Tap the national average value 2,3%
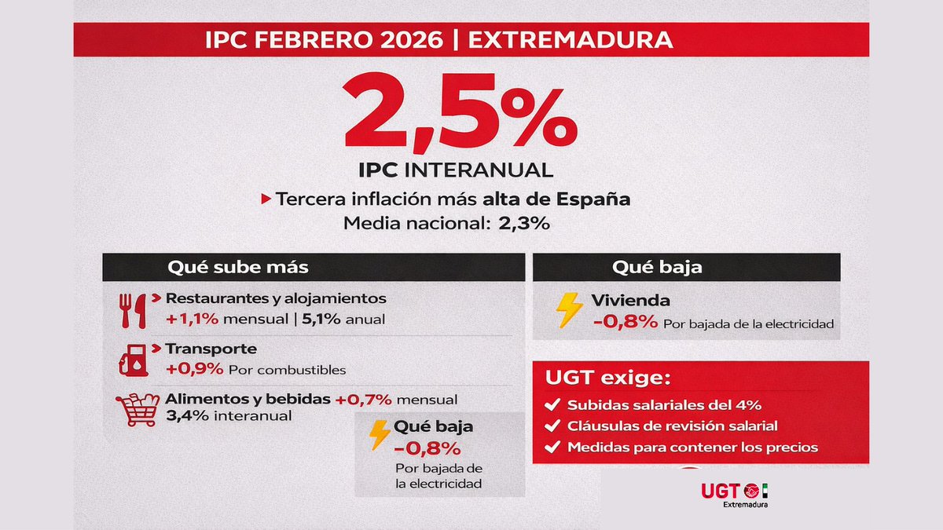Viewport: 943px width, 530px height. [x=523, y=223]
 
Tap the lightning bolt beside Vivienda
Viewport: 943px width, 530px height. [x=568, y=310]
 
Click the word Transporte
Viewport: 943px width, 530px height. [x=211, y=349]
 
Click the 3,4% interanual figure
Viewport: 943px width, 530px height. [x=189, y=415]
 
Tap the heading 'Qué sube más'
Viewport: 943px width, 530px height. [x=237, y=267]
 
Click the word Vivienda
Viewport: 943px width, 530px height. [x=631, y=301]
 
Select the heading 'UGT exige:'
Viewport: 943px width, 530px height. [x=608, y=378]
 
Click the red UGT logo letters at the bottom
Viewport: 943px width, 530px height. [x=719, y=490]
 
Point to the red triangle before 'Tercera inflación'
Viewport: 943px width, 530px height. [x=266, y=199]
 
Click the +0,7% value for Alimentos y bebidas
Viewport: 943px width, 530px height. [x=363, y=399]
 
